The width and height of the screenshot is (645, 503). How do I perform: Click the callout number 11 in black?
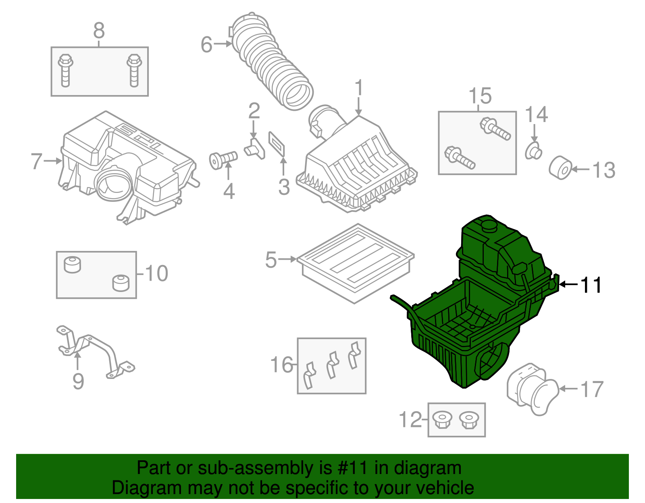tap(591, 285)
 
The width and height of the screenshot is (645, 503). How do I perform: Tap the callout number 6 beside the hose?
tap(206, 44)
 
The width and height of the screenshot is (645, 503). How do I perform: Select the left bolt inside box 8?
tap(65, 71)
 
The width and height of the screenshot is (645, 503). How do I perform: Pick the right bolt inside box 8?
tap(134, 71)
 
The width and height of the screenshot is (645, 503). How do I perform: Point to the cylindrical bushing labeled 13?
tap(561, 168)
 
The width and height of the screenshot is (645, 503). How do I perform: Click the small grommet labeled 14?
tap(533, 151)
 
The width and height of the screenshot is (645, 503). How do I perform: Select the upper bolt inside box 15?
tap(495, 129)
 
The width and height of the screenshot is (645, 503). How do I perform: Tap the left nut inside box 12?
tap(442, 420)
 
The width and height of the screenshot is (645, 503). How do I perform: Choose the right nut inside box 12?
tap(468, 420)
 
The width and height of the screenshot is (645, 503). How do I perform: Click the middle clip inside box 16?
tap(332, 365)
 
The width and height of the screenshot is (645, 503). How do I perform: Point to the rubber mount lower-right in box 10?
tap(121, 283)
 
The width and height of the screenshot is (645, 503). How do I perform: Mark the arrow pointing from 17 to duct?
tap(569, 389)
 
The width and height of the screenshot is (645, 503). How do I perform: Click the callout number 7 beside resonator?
tap(36, 161)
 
